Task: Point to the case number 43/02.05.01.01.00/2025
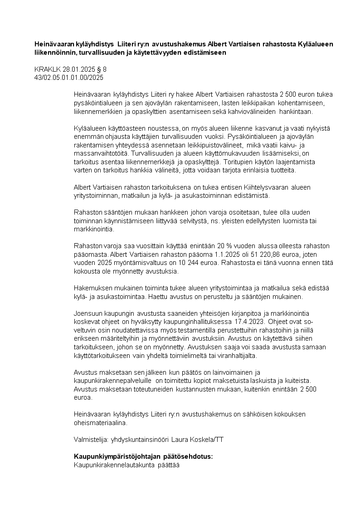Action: pyautogui.click(x=69, y=78)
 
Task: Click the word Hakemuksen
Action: pyautogui.click(x=91, y=288)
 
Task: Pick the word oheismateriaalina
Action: pyautogui.click(x=100, y=422)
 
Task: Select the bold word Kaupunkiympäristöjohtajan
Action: pyautogui.click(x=113, y=456)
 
